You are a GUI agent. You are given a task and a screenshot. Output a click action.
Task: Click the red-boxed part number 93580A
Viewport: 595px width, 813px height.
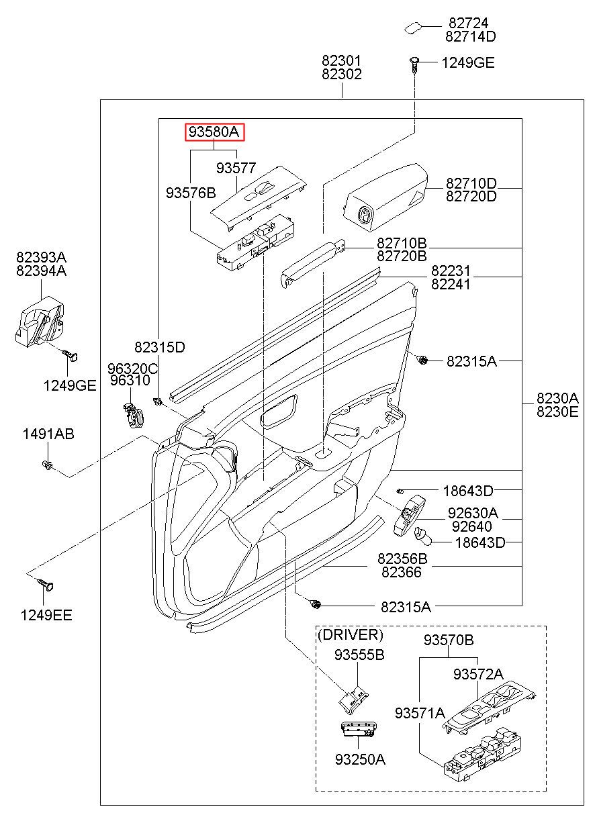coord(214,132)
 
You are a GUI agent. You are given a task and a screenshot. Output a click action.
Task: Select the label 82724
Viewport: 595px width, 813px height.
coord(468,23)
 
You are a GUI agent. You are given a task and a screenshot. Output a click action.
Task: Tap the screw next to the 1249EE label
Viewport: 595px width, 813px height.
coord(46,584)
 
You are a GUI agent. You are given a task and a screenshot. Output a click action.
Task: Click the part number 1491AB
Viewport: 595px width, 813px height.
coord(48,434)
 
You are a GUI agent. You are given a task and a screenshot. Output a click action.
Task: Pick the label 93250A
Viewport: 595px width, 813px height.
coord(360,759)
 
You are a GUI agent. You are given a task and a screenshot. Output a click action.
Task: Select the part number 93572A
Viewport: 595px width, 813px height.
coord(478,674)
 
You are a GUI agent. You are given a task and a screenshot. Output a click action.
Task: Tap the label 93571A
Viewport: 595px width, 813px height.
coord(420,713)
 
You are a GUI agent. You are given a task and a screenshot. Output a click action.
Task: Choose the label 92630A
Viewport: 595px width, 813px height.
coord(473,513)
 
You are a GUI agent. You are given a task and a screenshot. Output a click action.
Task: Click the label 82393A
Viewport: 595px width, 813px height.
coord(41,257)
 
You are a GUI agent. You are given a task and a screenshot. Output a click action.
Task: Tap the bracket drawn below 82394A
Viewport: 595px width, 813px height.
coord(39,322)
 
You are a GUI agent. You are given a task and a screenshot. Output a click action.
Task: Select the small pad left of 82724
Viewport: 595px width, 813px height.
coord(413,28)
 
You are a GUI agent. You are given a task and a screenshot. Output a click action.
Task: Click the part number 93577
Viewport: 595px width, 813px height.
coord(236,168)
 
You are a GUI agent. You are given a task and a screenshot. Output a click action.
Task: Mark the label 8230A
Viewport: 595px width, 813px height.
coord(557,398)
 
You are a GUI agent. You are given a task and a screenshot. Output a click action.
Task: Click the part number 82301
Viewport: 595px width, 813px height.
coord(342,60)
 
